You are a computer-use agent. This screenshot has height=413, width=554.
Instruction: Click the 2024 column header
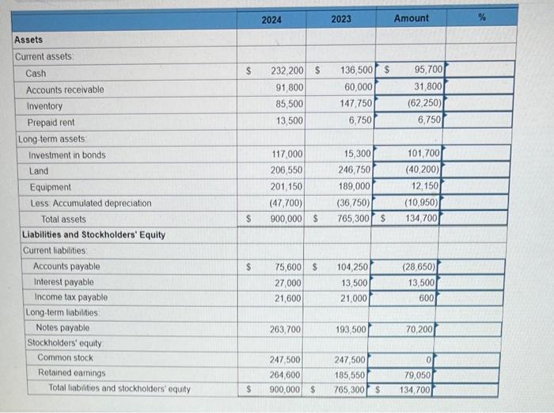coord(271,19)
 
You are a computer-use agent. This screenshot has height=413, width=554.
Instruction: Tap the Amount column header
coord(411,18)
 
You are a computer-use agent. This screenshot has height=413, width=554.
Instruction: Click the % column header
coord(480,18)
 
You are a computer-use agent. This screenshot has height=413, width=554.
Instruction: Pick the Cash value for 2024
coord(286,72)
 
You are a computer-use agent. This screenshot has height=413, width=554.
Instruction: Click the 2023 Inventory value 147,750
coord(355,104)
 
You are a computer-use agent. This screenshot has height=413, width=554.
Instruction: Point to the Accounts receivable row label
coord(65,90)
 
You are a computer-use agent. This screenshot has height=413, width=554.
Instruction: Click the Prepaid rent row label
coord(51,123)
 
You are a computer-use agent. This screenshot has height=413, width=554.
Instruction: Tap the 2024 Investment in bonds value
coord(287,155)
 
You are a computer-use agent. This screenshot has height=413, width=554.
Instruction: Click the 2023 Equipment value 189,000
coord(355,187)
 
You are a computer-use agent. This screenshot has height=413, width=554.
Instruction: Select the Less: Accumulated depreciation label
coord(89,203)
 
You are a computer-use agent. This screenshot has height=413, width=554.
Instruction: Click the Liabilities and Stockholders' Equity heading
coord(93,235)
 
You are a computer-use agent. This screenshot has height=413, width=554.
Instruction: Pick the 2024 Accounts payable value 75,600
coord(287,266)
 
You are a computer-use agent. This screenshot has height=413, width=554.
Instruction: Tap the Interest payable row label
coord(63,282)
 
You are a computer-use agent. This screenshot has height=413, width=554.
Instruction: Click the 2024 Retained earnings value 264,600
coord(286,373)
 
